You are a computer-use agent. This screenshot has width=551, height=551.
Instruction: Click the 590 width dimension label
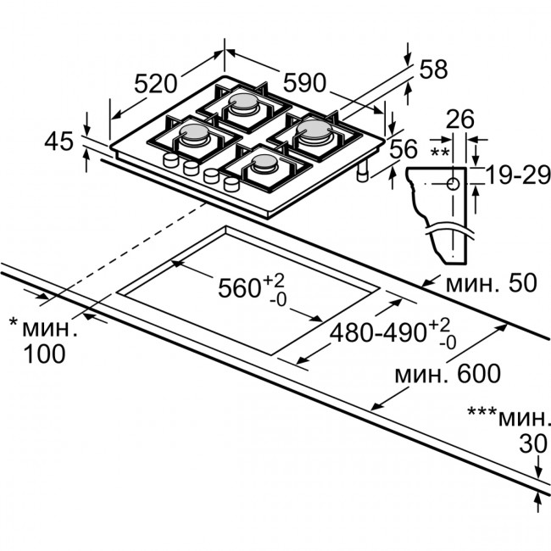303,82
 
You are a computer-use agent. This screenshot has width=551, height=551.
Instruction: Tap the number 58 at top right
433,70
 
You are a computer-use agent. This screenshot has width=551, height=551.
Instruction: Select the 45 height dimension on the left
59,142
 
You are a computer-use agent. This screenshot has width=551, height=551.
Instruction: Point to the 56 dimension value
404,149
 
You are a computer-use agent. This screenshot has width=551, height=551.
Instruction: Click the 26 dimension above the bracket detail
460,120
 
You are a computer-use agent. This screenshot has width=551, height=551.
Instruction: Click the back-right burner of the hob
310,130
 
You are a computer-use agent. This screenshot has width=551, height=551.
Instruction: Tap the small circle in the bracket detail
454,182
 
